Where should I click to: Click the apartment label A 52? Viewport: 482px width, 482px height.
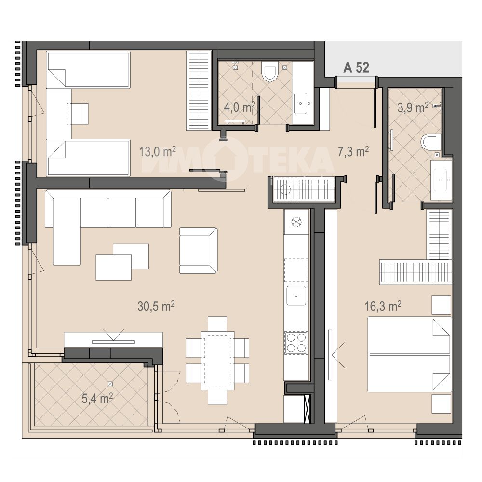[x=356, y=67]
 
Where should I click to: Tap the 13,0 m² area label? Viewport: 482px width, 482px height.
[x=158, y=151]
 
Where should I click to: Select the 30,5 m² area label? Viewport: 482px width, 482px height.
[x=156, y=306]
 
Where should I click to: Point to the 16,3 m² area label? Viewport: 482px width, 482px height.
[x=383, y=306]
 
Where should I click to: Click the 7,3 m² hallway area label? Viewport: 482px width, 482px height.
[x=353, y=151]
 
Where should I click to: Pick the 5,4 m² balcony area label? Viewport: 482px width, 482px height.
[x=97, y=399]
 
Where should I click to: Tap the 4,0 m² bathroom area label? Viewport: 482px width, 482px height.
[x=240, y=107]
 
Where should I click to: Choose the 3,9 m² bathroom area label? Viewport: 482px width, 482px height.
[x=413, y=107]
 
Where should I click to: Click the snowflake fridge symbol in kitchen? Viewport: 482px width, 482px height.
[x=296, y=221]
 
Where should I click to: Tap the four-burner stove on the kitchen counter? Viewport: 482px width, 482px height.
[x=296, y=343]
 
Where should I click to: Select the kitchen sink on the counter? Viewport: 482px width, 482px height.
[x=296, y=295]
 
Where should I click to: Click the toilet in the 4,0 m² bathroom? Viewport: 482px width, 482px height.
[x=269, y=71]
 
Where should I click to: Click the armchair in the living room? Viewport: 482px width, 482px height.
[x=199, y=250]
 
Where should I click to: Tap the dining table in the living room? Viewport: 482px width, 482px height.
[x=217, y=360]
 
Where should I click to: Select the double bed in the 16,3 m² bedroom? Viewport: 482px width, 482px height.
[x=410, y=354]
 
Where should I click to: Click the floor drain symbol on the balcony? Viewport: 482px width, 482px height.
[x=110, y=383]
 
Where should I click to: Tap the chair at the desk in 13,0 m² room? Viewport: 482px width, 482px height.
[x=78, y=114]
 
